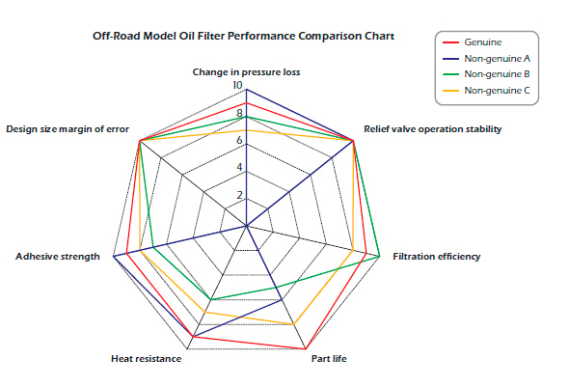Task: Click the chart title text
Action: click(243, 36)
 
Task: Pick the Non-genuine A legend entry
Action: click(486, 59)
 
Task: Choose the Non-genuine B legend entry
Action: click(486, 74)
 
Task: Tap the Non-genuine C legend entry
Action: click(486, 90)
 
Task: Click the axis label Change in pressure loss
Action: click(246, 72)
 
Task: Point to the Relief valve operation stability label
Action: click(433, 129)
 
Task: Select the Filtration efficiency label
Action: click(437, 257)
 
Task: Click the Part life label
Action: click(329, 359)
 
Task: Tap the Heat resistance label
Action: click(147, 359)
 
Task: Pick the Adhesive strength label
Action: click(58, 257)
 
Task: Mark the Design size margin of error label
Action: click(68, 129)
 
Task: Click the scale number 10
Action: click(237, 85)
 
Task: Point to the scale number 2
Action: click(239, 195)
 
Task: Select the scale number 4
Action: click(239, 167)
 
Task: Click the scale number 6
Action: click(239, 140)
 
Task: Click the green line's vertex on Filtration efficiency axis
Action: click(380, 257)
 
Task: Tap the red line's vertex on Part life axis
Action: click(306, 349)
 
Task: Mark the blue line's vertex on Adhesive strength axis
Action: click(114, 257)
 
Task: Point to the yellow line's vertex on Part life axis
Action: click(294, 324)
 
